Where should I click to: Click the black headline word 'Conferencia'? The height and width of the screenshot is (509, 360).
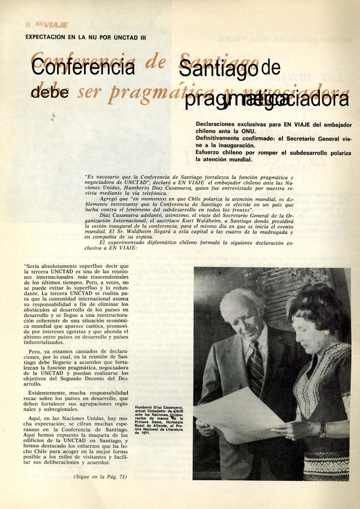pos(83,66)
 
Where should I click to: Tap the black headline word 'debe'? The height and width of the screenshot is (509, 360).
pos(50,91)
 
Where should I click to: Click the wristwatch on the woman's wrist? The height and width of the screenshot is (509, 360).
pos(322,429)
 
